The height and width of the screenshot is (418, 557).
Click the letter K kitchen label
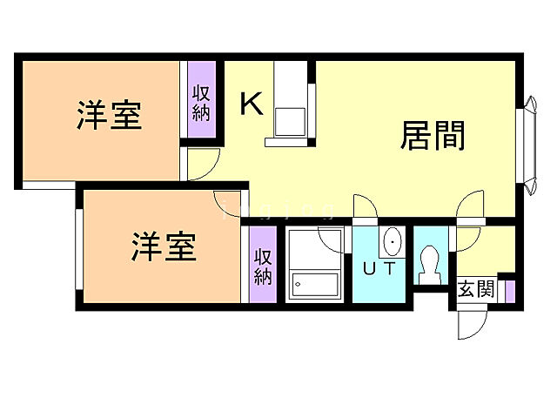251,105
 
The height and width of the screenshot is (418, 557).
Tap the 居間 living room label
433,135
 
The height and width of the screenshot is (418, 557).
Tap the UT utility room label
379,269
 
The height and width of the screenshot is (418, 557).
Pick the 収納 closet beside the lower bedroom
264,265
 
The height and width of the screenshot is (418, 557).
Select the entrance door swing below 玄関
471,326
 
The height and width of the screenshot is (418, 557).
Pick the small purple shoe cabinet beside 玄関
510,290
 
